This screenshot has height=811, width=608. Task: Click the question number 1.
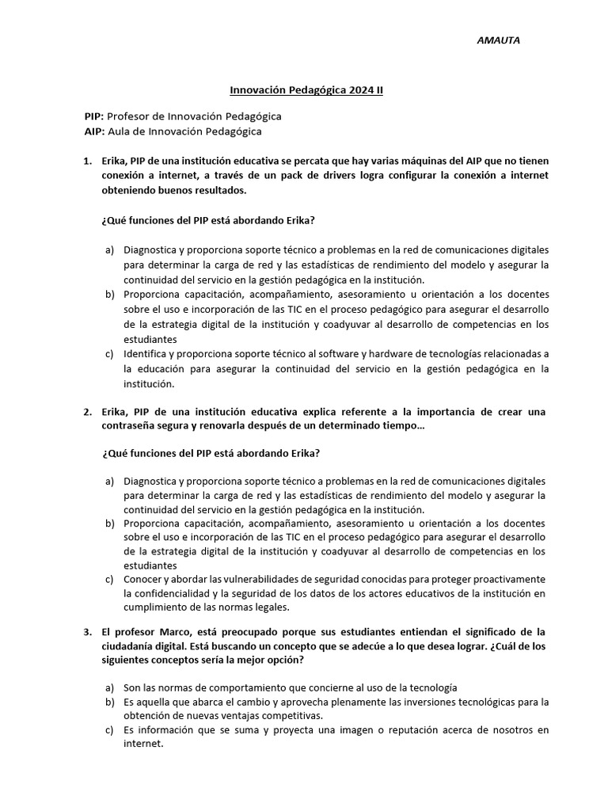pos(87,161)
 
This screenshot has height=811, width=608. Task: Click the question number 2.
pos(87,412)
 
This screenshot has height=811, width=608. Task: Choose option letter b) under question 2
pos(110,524)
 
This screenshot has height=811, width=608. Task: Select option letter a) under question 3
pos(110,687)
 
